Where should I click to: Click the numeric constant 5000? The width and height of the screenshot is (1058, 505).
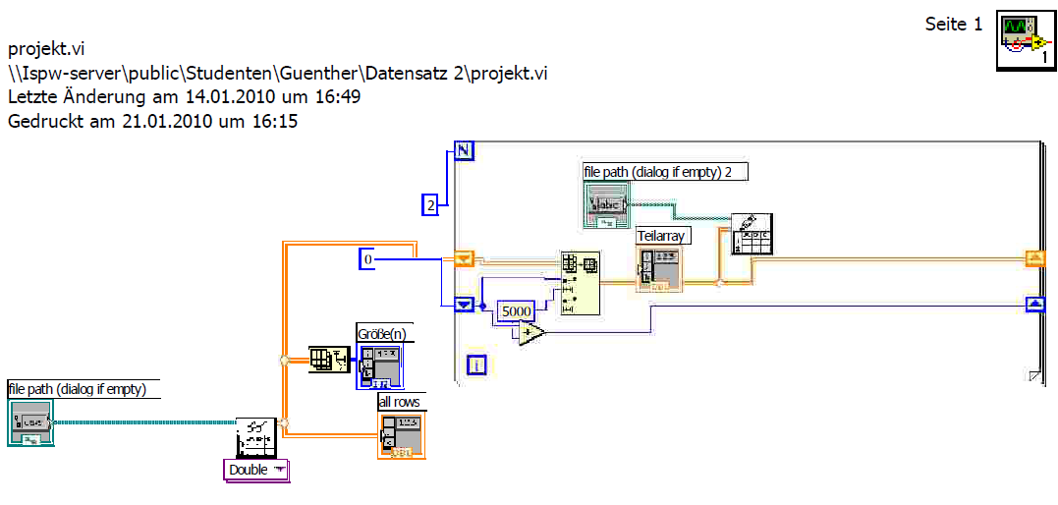click(x=516, y=311)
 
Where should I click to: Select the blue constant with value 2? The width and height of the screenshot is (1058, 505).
click(x=429, y=205)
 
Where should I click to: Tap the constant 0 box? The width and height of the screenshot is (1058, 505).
click(x=368, y=259)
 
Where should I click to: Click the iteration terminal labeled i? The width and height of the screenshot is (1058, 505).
click(x=477, y=366)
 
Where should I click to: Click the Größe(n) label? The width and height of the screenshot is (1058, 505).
click(x=384, y=332)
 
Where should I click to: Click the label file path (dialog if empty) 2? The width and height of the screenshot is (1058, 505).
click(x=665, y=172)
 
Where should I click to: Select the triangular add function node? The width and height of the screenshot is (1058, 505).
click(x=531, y=334)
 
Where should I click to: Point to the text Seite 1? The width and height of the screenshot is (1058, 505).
click(x=953, y=25)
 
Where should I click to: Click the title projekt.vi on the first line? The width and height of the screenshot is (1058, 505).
click(x=51, y=47)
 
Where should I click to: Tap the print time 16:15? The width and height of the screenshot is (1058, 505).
click(x=277, y=121)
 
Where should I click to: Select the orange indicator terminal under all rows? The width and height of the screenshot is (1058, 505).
click(x=402, y=435)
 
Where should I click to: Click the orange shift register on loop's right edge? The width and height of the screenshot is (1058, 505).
click(x=1034, y=258)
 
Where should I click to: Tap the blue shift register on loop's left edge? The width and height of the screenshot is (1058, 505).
click(x=464, y=304)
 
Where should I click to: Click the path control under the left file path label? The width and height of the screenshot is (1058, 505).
click(x=30, y=422)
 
